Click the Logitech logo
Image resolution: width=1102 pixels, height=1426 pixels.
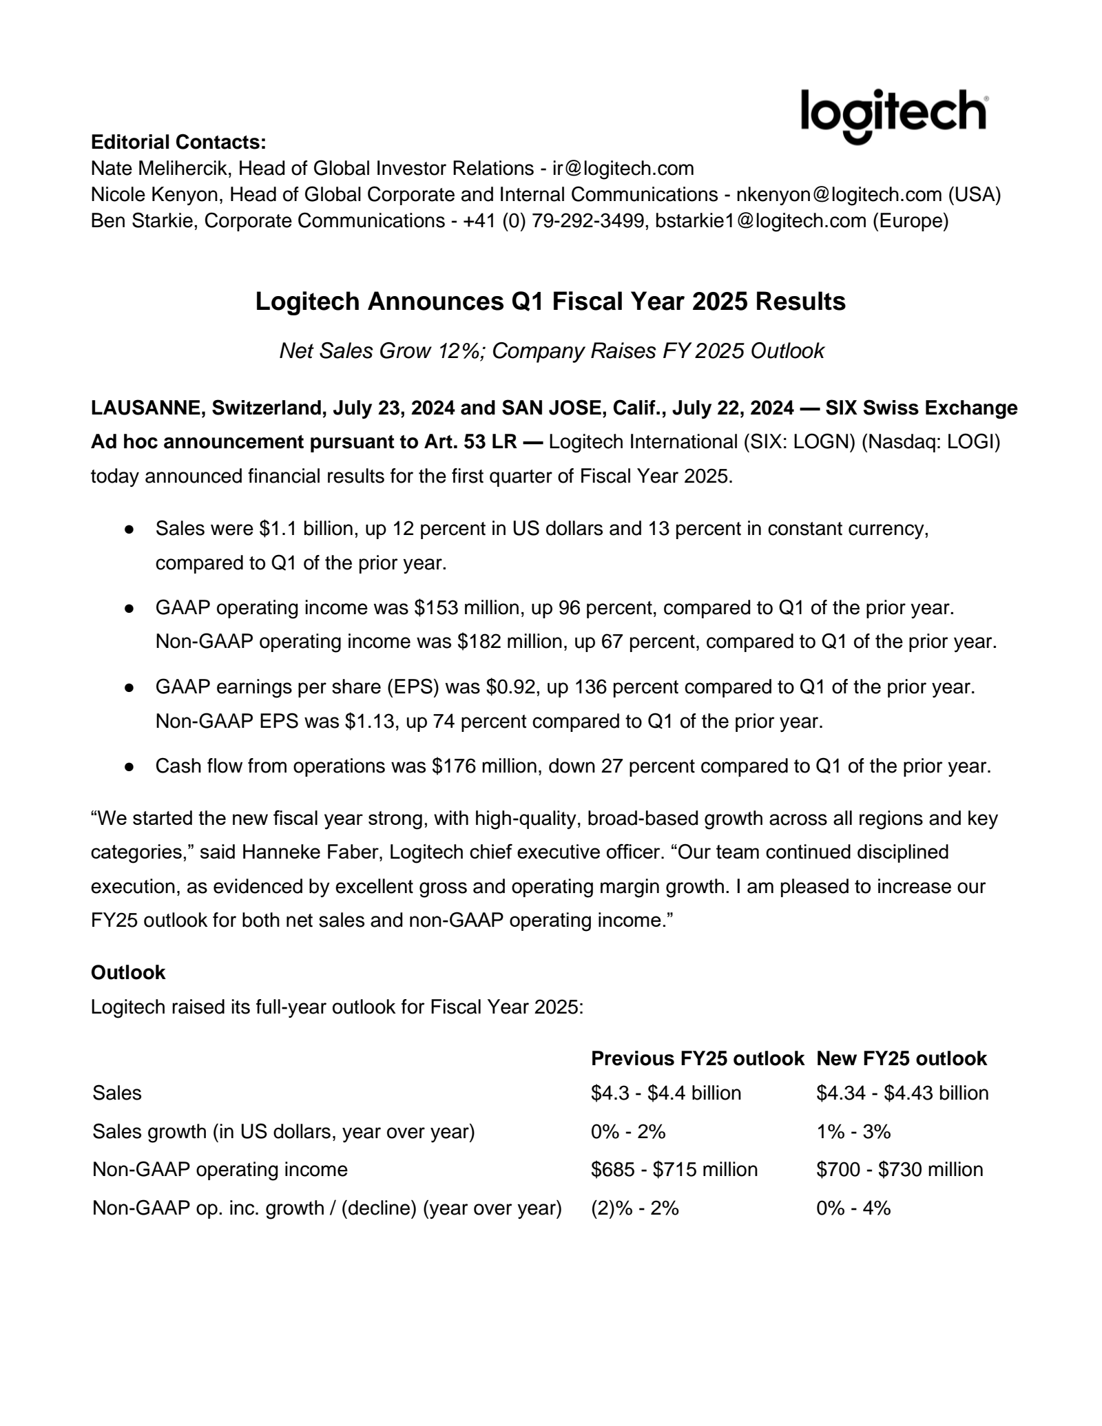(x=894, y=115)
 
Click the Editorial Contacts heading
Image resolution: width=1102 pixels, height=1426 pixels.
(x=178, y=143)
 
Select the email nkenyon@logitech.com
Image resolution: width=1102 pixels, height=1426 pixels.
(x=839, y=195)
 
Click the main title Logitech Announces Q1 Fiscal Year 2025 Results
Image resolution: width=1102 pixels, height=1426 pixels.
(x=550, y=302)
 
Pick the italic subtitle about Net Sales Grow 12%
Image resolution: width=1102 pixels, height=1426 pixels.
(x=551, y=351)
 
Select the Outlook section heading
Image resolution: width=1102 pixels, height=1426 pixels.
(x=128, y=972)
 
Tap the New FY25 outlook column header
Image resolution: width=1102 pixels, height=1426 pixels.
(x=902, y=1058)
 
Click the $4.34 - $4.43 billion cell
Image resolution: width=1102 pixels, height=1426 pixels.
(x=902, y=1093)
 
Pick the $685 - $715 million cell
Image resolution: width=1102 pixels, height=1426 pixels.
(x=674, y=1169)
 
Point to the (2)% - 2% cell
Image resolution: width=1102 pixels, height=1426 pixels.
(x=634, y=1208)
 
